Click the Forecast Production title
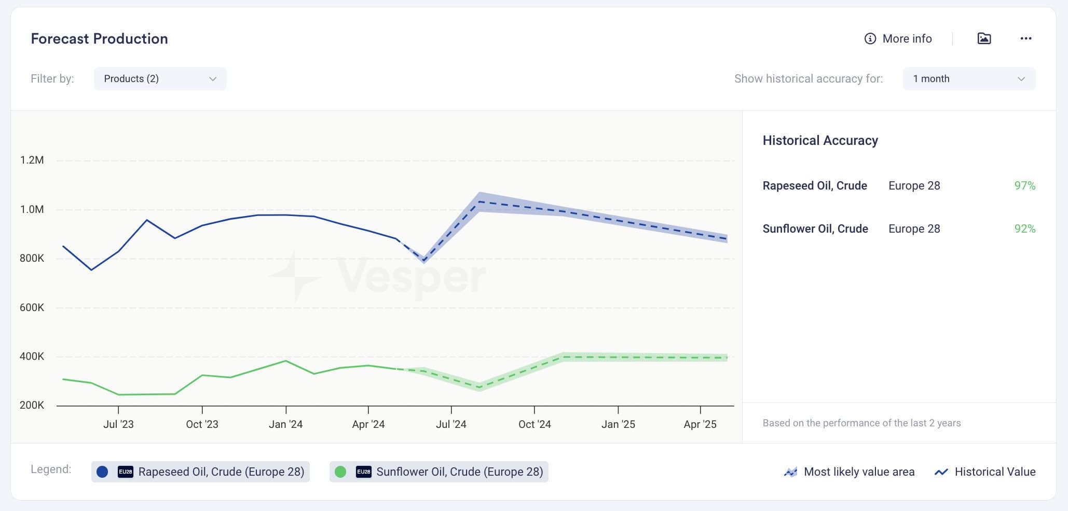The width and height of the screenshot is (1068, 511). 99,38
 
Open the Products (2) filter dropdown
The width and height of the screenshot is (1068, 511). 160,78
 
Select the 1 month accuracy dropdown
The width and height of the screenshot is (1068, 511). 969,78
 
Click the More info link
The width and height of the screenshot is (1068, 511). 898,38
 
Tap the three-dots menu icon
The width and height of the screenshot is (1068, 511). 1025,38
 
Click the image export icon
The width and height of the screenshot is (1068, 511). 984,38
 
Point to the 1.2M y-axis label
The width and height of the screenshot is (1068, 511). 32,160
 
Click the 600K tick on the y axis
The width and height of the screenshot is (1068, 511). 32,307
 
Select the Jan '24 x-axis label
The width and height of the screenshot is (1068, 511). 285,424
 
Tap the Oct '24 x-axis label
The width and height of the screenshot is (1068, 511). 535,424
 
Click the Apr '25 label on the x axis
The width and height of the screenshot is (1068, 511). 700,424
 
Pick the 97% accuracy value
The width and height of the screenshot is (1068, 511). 1025,185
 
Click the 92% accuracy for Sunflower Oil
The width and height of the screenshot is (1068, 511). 1025,228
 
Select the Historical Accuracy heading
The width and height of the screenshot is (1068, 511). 820,140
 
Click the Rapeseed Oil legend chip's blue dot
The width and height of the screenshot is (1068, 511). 102,472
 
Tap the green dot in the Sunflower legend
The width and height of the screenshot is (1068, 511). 340,472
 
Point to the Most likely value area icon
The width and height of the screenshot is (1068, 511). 790,472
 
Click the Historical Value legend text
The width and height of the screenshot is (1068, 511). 995,472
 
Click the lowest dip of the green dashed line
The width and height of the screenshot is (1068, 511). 480,387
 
